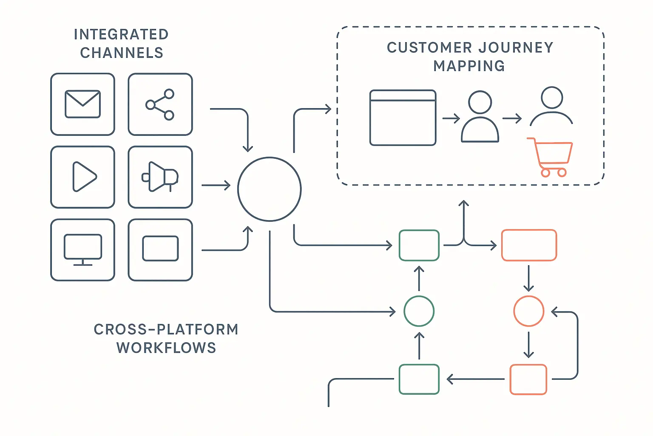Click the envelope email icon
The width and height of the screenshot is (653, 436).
pyautogui.click(x=82, y=104)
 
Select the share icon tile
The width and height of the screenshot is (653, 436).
pyautogui.click(x=160, y=104)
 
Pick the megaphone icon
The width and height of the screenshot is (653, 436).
pyautogui.click(x=160, y=177)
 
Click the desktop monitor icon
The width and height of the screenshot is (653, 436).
pyautogui.click(x=83, y=250)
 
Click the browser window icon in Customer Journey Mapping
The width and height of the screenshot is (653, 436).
pyautogui.click(x=403, y=118)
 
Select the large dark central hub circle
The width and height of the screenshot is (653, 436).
pyautogui.click(x=270, y=189)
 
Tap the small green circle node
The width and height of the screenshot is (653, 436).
pyautogui.click(x=419, y=311)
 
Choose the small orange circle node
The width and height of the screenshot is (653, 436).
pyautogui.click(x=528, y=311)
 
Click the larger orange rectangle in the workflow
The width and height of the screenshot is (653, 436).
pyautogui.click(x=529, y=245)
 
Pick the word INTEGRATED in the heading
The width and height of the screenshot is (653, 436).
pyautogui.click(x=121, y=34)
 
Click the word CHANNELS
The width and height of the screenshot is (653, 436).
pyautogui.click(x=122, y=53)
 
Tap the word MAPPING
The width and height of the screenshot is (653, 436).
pyautogui.click(x=469, y=66)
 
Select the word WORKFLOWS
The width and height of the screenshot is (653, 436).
pyautogui.click(x=166, y=348)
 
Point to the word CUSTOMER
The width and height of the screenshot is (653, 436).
pyautogui.click(x=429, y=47)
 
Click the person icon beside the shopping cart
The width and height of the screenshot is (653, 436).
pyautogui.click(x=551, y=106)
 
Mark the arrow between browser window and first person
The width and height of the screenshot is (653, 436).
pyautogui.click(x=451, y=118)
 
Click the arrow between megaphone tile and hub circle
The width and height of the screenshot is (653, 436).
pyautogui.click(x=216, y=186)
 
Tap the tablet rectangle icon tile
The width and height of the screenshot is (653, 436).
pyautogui.click(x=160, y=250)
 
